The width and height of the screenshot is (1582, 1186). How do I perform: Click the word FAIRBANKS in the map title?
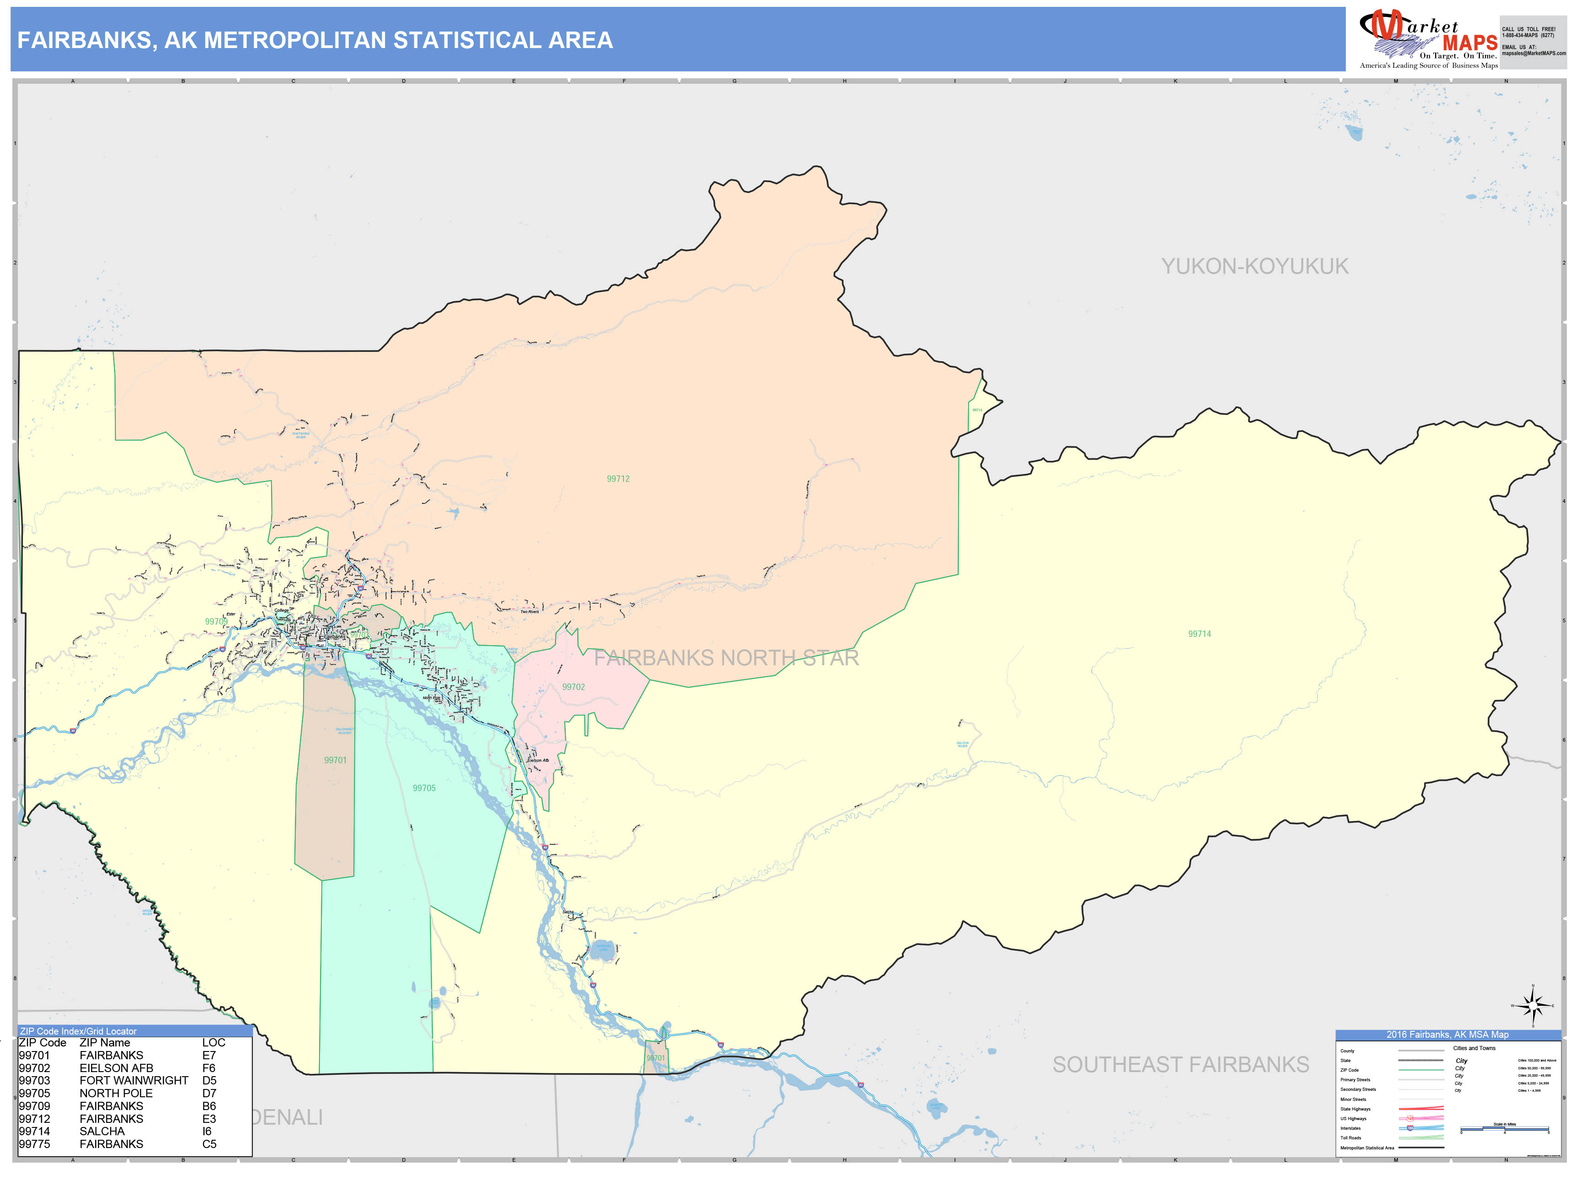[x=83, y=40]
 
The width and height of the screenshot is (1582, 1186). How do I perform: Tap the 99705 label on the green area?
[x=423, y=788]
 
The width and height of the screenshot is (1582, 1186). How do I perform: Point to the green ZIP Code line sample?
[x=1420, y=1070]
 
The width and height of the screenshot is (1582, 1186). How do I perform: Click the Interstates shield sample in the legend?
[x=1410, y=1128]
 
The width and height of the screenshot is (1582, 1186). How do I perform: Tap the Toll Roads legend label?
[x=1350, y=1137]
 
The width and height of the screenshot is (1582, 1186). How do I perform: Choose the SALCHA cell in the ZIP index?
[x=102, y=1131]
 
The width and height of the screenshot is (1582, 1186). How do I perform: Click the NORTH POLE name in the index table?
[x=116, y=1093]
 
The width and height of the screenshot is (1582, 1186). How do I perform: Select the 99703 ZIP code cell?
[x=34, y=1080]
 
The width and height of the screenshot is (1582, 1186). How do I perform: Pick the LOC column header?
[x=213, y=1042]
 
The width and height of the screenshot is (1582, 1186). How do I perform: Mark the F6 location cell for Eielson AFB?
[x=208, y=1068]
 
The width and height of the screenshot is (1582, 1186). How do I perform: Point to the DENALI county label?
[x=286, y=1117]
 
